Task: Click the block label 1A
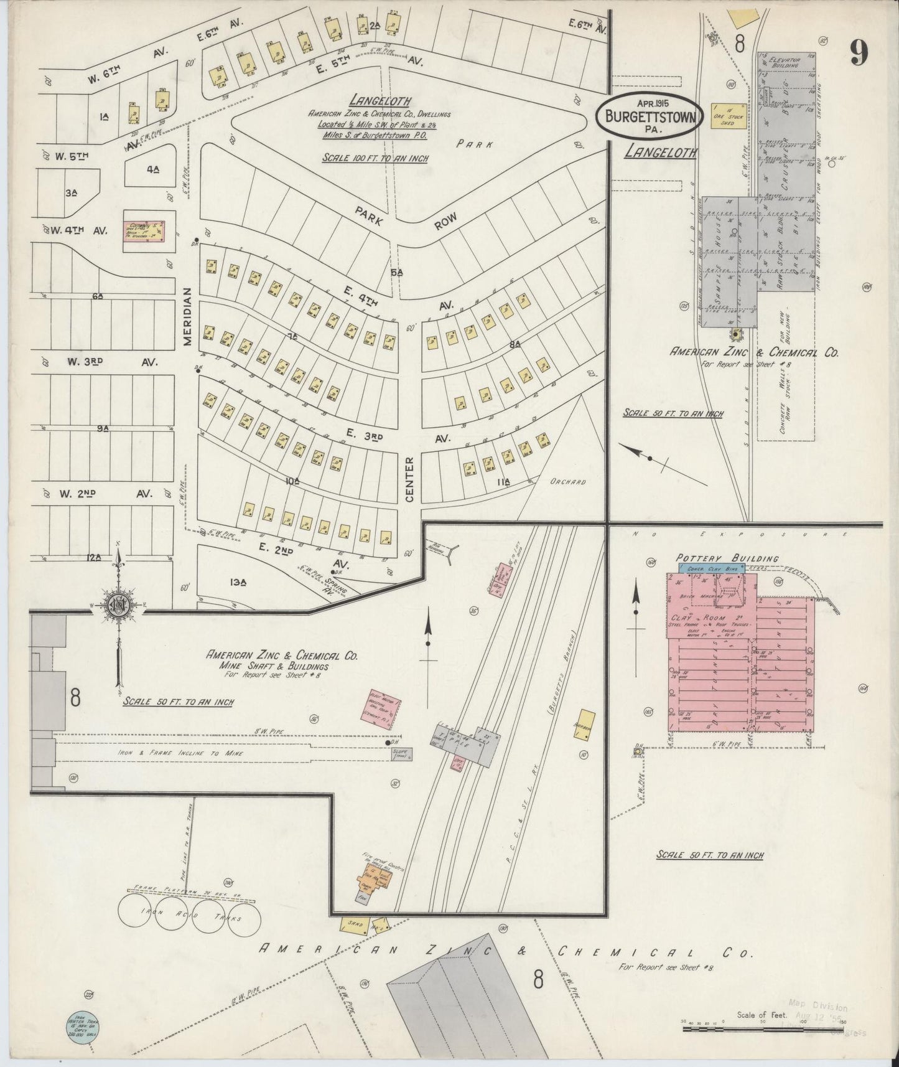click(103, 116)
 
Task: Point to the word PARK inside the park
click(473, 144)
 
